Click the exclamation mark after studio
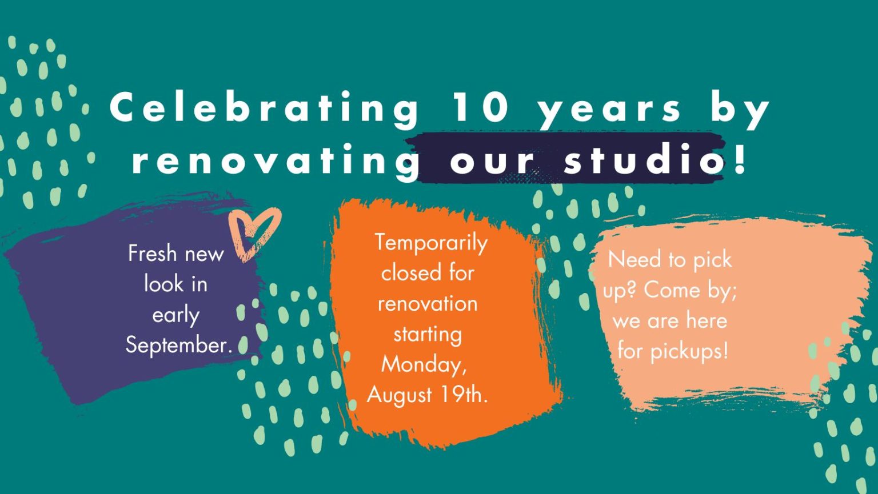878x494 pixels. click(x=740, y=158)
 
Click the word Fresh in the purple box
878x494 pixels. click(x=153, y=254)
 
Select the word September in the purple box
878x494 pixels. click(x=177, y=346)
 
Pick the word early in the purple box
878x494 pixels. click(x=176, y=316)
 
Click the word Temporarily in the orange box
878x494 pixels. click(x=431, y=243)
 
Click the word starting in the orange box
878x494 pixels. click(x=428, y=335)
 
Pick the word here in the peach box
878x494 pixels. click(x=707, y=320)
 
